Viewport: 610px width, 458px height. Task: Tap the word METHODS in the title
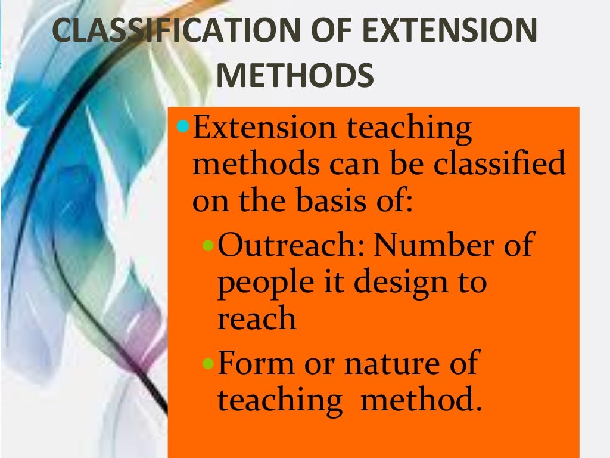(x=295, y=76)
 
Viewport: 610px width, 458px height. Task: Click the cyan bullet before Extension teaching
(x=184, y=126)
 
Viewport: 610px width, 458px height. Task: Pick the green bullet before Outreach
(x=208, y=246)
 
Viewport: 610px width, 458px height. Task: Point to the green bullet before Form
(x=208, y=363)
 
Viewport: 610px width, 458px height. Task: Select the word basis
(x=330, y=202)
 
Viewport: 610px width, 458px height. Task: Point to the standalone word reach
(x=256, y=320)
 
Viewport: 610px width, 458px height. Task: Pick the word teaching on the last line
(x=279, y=400)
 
